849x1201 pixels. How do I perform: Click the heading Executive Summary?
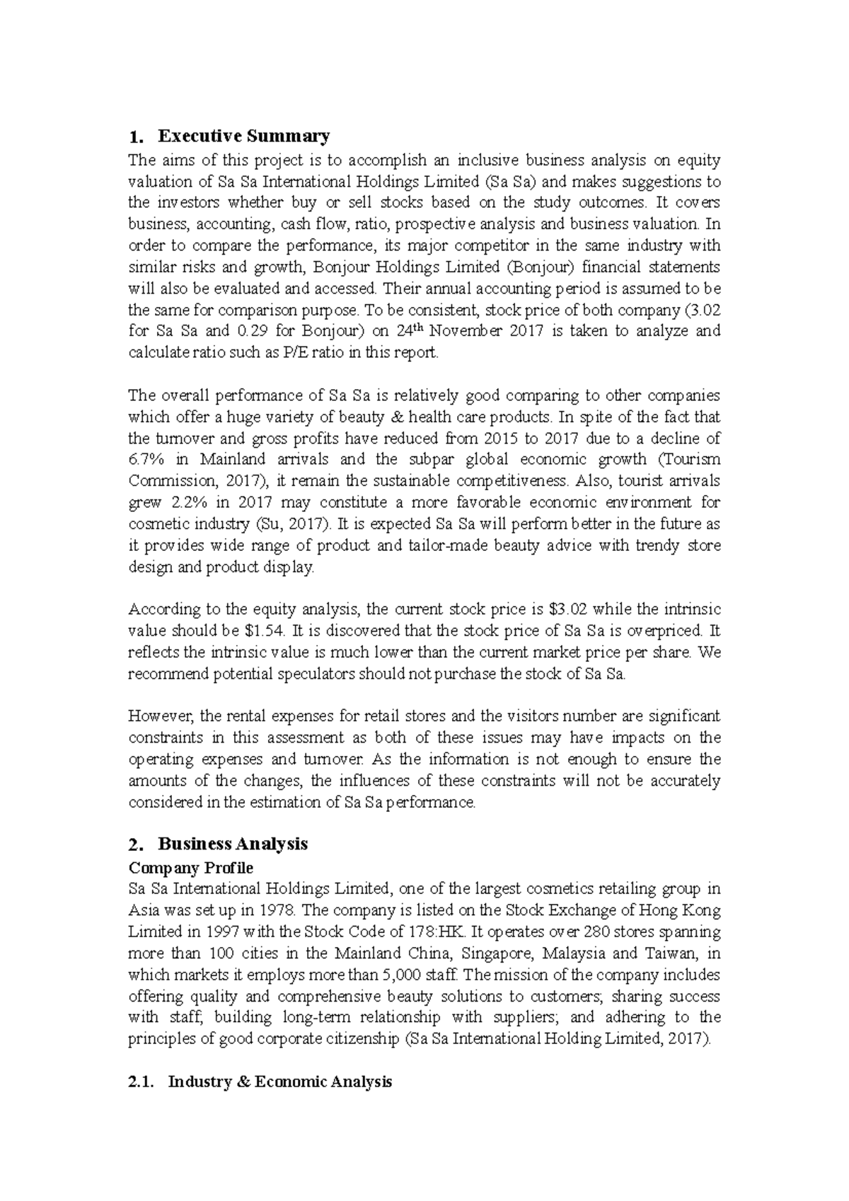pyautogui.click(x=243, y=136)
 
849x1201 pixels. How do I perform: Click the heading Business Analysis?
pyautogui.click(x=233, y=844)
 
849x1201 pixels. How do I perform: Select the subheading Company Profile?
pyautogui.click(x=190, y=867)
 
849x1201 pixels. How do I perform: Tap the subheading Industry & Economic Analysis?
pyautogui.click(x=279, y=1081)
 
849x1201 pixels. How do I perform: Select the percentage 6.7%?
pyautogui.click(x=146, y=460)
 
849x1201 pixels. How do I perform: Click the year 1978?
pyautogui.click(x=278, y=910)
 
